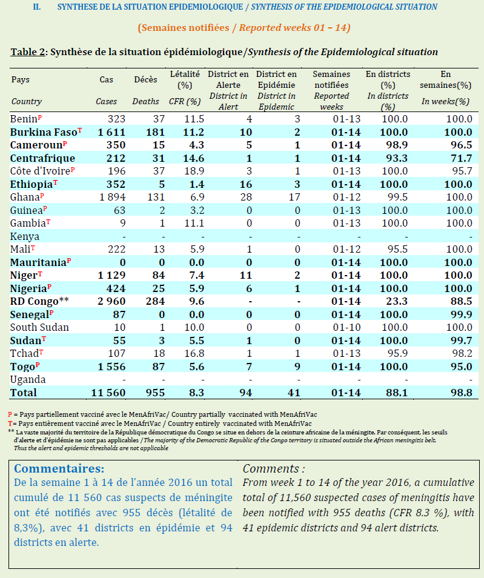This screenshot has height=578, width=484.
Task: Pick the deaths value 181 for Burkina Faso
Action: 145,132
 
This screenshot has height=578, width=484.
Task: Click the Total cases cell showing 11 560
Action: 108,393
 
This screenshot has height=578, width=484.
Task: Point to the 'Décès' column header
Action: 145,79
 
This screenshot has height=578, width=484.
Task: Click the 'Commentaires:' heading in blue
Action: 59,469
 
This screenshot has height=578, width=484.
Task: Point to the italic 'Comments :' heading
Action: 274,469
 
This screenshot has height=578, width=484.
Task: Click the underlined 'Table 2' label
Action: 28,51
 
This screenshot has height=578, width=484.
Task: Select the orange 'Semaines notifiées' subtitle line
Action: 244,28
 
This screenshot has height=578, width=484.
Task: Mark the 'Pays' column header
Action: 20,79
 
